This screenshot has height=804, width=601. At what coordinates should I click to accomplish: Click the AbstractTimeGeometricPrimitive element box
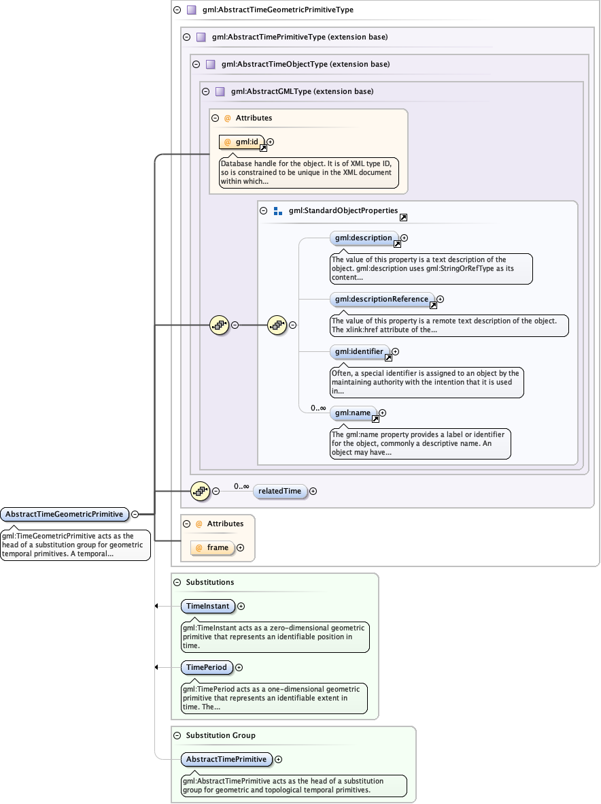(x=65, y=514)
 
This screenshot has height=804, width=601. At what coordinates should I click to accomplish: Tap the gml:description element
(x=364, y=238)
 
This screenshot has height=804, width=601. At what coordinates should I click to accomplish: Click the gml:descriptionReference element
(x=382, y=299)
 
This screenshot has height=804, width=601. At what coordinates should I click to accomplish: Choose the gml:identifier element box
(x=360, y=352)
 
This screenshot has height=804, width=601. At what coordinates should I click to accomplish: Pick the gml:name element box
(x=353, y=413)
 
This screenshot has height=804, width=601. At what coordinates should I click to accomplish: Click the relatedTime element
(x=279, y=491)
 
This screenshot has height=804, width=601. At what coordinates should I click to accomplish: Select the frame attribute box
(x=212, y=547)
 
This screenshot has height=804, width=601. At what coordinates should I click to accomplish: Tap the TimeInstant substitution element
(x=208, y=606)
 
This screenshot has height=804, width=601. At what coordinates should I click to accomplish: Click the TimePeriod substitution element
(x=207, y=667)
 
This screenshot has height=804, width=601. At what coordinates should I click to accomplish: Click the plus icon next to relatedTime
(x=313, y=491)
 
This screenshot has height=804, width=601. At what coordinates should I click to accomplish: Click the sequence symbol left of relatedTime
(x=199, y=491)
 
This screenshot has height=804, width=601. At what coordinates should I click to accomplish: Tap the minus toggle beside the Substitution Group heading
(x=177, y=736)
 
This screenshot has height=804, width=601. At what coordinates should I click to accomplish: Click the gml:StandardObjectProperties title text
(x=343, y=211)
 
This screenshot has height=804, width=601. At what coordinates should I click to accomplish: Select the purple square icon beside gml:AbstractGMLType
(x=220, y=91)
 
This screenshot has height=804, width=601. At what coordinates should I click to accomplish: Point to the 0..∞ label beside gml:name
(x=318, y=408)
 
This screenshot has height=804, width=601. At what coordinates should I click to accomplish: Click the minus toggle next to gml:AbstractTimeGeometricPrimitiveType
(x=177, y=10)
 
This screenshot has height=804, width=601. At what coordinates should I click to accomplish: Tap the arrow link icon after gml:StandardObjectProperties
(x=403, y=217)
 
